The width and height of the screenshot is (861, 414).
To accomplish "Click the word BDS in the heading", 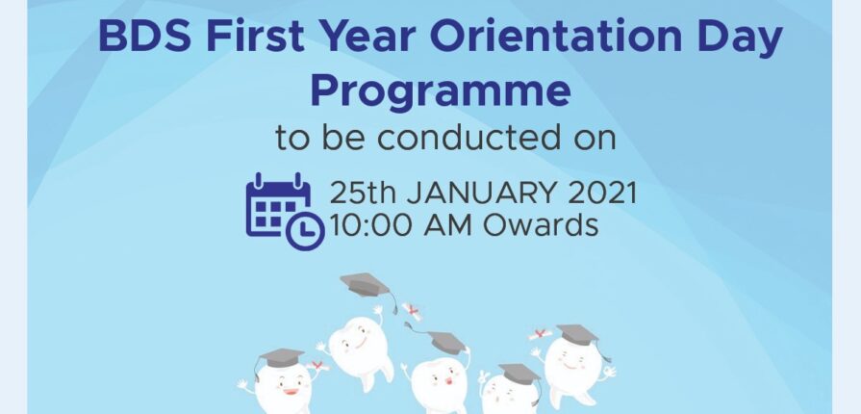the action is (145, 37).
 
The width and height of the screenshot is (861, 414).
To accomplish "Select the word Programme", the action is (441, 91).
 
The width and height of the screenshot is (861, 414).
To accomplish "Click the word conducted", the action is (468, 138).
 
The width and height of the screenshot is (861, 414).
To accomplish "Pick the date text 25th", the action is (362, 193).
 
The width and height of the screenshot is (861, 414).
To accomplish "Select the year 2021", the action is (602, 193).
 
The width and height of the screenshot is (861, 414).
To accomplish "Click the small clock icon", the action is (305, 231).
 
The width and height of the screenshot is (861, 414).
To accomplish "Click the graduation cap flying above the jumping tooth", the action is (367, 291).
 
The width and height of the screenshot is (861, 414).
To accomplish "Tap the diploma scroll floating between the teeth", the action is (412, 312).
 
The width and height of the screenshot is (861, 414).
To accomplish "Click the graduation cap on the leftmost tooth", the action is (280, 359).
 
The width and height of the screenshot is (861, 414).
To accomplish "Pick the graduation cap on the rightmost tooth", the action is (579, 336).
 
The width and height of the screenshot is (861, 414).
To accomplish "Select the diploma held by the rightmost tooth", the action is (541, 334).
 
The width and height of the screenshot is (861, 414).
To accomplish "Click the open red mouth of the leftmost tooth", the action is (291, 392).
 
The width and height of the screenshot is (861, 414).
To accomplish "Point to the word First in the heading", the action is (255, 37).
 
